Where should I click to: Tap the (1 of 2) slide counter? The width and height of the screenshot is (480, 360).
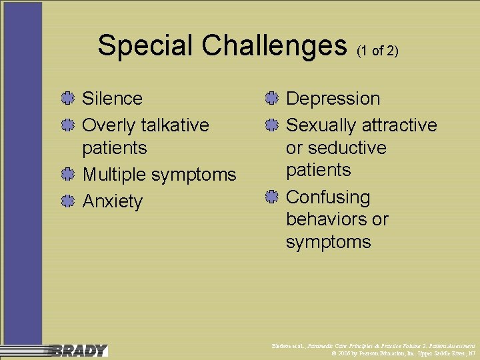pos(377,51)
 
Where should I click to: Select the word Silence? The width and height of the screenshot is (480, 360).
pos(112,99)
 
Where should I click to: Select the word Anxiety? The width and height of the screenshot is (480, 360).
pos(112,201)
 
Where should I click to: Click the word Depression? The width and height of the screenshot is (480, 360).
pos(333,99)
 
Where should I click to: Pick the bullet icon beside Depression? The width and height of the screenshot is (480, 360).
pos(270,99)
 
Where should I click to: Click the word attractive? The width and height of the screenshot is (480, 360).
pos(400,125)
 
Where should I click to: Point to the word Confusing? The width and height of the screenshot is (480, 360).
pos(328,197)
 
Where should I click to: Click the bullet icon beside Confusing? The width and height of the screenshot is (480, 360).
pos(270,197)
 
